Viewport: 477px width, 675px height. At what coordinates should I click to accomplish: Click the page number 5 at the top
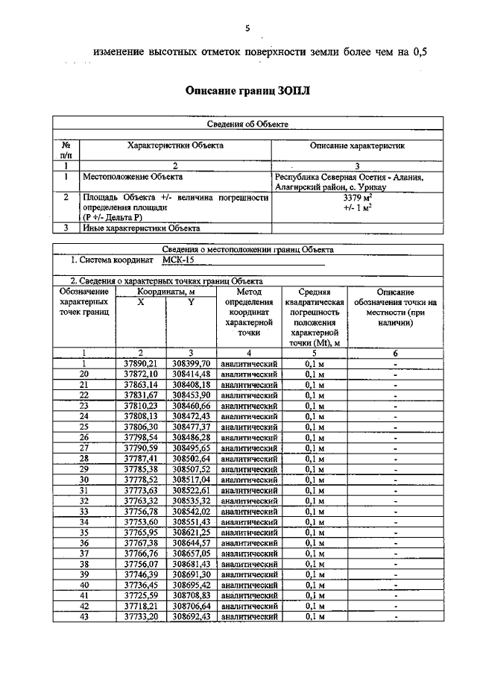(247, 28)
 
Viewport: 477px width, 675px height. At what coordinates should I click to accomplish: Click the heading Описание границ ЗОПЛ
(247, 91)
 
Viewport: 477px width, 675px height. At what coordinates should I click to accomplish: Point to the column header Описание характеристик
(356, 147)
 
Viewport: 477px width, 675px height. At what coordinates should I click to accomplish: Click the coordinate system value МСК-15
(177, 260)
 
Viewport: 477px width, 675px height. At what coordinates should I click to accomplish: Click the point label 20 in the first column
(84, 374)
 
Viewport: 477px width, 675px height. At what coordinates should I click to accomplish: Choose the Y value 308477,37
(191, 426)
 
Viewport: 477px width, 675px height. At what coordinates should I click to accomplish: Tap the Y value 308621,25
(191, 534)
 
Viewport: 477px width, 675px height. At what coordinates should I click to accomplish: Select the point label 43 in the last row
(84, 618)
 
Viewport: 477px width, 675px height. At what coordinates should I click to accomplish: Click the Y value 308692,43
(191, 618)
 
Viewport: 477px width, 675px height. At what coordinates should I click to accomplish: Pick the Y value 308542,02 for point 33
(191, 512)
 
